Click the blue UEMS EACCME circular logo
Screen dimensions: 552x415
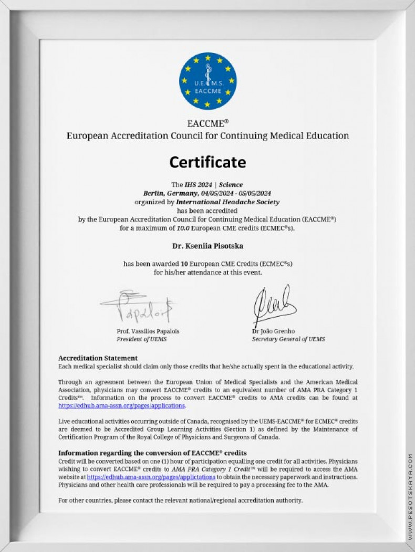coord(207,81)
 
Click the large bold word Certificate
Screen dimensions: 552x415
coord(207,162)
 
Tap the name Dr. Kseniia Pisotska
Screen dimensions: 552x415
coord(207,246)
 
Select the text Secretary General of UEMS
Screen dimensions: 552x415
coord(288,339)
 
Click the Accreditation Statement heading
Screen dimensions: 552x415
coord(98,358)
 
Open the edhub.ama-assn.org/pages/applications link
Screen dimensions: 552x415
coord(121,405)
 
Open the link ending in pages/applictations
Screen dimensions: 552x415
coord(151,477)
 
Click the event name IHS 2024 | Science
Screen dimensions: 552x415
coord(213,185)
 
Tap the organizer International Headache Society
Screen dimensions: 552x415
coord(227,202)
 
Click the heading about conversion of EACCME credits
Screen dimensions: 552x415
coord(152,453)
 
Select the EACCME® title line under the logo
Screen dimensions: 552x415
coord(207,124)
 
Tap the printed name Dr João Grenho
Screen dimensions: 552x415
coord(273,331)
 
